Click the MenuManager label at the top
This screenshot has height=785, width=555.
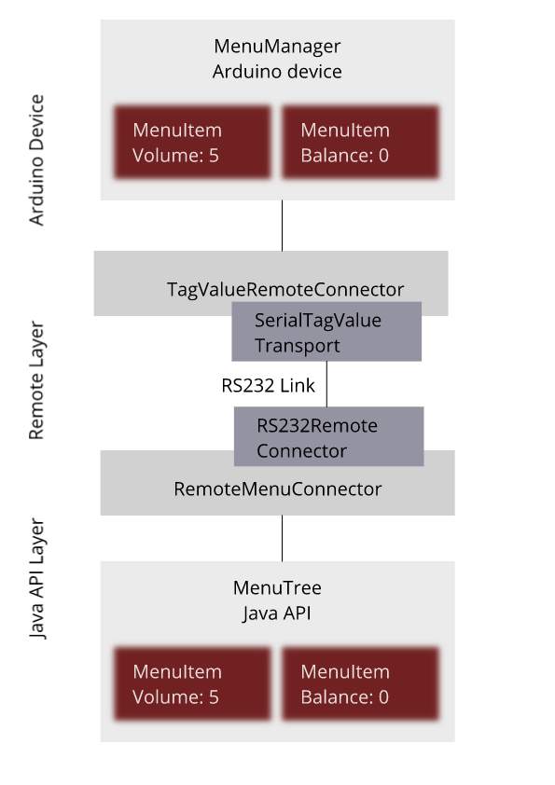(277, 46)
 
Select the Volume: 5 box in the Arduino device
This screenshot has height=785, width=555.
(192, 143)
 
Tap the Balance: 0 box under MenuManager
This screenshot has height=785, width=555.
(360, 143)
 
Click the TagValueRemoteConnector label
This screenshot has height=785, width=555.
(285, 289)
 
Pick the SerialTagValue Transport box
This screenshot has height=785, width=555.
(326, 331)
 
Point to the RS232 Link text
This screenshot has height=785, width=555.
(268, 385)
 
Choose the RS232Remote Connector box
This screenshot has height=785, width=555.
(328, 436)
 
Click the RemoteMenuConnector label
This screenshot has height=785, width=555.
(278, 489)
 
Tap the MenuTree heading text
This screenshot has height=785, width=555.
(277, 587)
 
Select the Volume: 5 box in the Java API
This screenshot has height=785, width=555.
(192, 684)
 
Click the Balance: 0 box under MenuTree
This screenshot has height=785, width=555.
(360, 684)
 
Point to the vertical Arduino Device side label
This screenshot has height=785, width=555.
(36, 160)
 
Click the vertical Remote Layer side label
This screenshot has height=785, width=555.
(36, 380)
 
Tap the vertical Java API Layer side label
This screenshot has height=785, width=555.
(36, 579)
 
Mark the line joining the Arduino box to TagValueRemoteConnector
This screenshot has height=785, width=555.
(282, 226)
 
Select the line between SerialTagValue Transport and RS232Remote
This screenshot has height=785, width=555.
(326, 384)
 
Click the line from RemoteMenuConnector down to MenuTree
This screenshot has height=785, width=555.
(282, 538)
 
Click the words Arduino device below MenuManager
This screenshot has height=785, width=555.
(277, 72)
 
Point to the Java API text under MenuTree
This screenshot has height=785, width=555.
(277, 613)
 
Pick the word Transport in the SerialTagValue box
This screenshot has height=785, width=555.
(297, 346)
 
